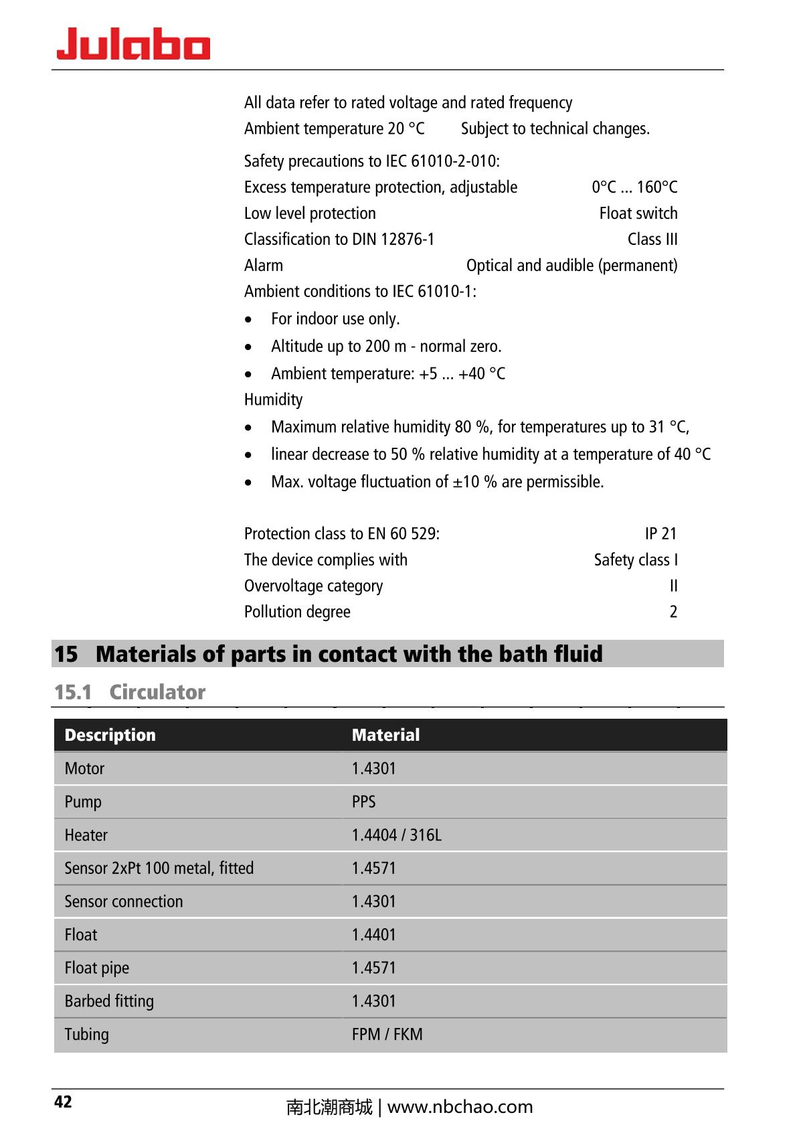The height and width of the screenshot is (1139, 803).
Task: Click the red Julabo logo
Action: pyautogui.click(x=133, y=44)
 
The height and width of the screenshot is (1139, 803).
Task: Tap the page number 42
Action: pyautogui.click(x=63, y=1102)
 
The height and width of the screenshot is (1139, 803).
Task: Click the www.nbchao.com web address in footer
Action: pyautogui.click(x=460, y=1107)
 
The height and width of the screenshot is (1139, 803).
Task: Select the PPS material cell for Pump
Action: pyautogui.click(x=363, y=802)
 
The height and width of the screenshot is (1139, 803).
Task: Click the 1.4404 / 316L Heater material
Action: pyautogui.click(x=396, y=835)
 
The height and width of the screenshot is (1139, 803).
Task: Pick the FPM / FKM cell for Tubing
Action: pyautogui.click(x=387, y=1034)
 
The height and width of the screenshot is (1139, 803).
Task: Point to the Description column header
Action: pyautogui.click(x=110, y=735)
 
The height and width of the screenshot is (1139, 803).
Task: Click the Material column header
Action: pyautogui.click(x=385, y=735)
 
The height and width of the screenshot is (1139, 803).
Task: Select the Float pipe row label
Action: pyautogui.click(x=97, y=968)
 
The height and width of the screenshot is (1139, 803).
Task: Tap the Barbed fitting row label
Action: pyautogui.click(x=109, y=1001)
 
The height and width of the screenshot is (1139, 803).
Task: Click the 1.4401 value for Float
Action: pyautogui.click(x=373, y=935)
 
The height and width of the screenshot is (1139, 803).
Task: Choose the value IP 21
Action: pyautogui.click(x=660, y=533)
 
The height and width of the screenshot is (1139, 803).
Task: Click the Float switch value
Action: pyautogui.click(x=638, y=213)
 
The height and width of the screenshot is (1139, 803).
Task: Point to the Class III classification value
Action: pyautogui.click(x=652, y=240)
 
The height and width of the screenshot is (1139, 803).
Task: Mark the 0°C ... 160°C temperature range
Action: pyautogui.click(x=634, y=187)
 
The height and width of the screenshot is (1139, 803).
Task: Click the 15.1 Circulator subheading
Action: pyautogui.click(x=130, y=692)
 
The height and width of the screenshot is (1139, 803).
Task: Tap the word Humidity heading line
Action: pyautogui.click(x=273, y=400)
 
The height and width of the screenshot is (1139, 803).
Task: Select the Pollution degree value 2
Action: pyautogui.click(x=673, y=612)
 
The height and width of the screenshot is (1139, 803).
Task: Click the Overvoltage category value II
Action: pyautogui.click(x=673, y=586)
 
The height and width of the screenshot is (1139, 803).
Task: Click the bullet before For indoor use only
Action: pyautogui.click(x=248, y=320)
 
